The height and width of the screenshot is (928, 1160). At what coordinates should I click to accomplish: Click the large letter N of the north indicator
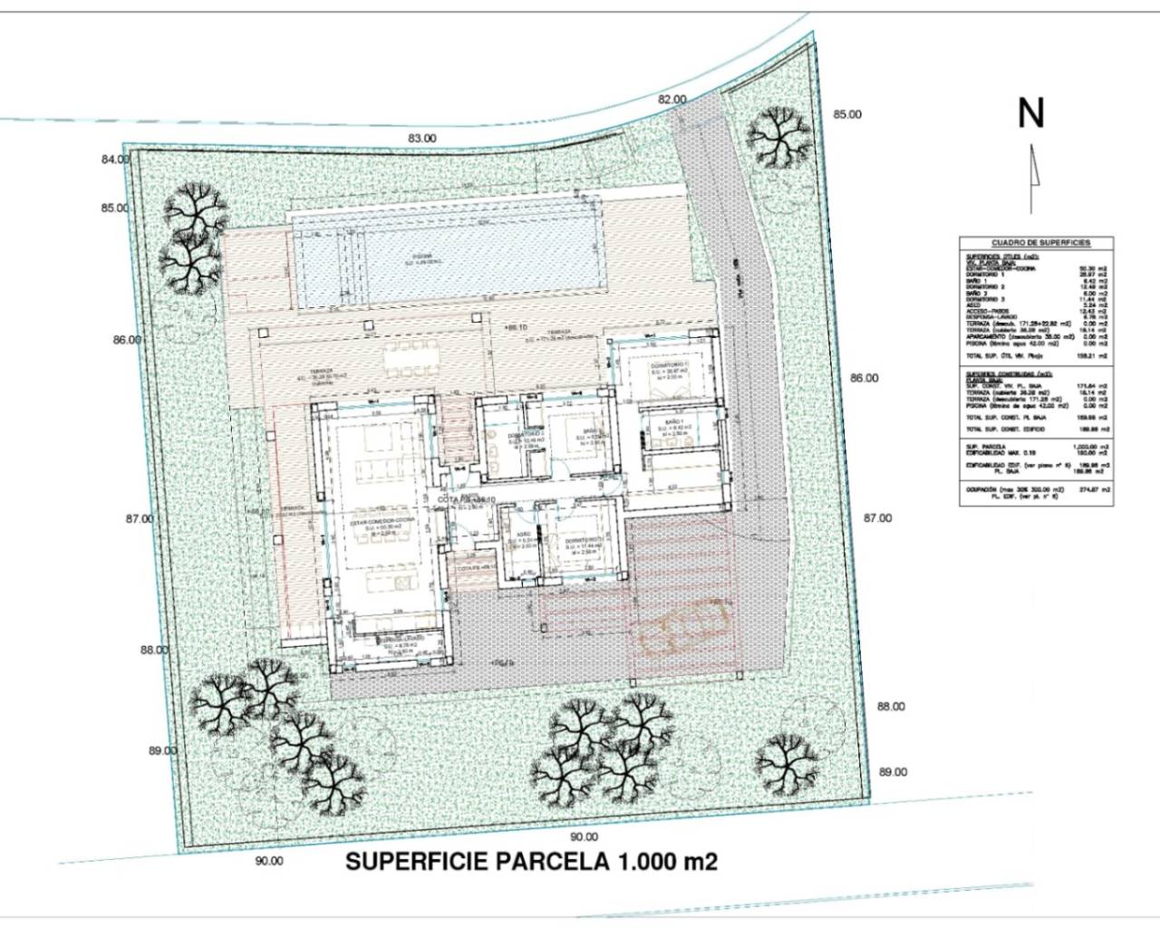point(1031,113)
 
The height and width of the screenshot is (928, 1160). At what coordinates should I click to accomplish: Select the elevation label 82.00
point(672,100)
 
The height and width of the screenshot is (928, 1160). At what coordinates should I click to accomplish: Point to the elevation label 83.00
point(422,139)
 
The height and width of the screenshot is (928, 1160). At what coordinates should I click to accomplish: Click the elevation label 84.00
point(115,159)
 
